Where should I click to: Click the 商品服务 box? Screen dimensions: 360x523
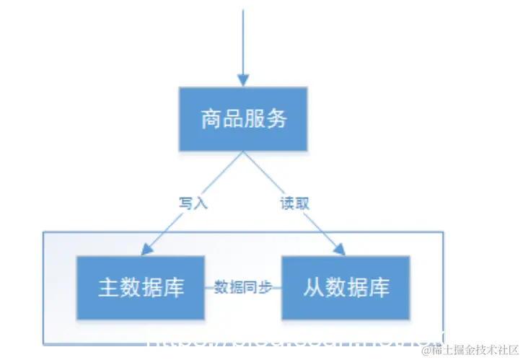243,119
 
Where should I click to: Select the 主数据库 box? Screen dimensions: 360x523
141,287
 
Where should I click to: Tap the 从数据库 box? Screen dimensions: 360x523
346,287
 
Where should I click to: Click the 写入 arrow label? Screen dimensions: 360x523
193,203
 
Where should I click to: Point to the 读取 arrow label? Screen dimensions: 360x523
294,203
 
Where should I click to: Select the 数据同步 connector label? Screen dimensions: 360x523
243,287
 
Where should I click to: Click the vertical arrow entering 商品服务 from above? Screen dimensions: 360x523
243,43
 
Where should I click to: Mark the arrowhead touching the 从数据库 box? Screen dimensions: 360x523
339,250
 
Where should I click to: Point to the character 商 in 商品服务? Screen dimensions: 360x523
211,119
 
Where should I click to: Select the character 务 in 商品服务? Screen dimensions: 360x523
276,119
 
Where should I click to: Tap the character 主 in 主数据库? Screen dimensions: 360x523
109,287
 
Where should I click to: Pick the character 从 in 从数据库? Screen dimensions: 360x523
313,287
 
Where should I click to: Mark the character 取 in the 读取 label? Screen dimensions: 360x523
302,203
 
